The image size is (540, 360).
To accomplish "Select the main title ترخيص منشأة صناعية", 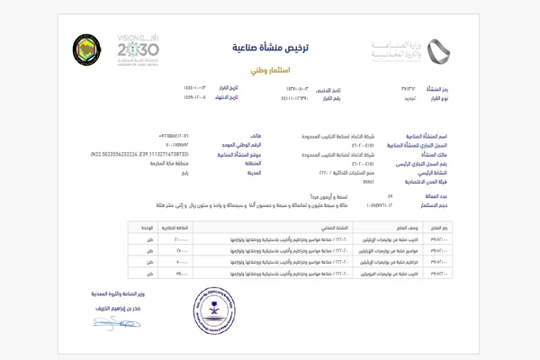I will coord(269,46).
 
